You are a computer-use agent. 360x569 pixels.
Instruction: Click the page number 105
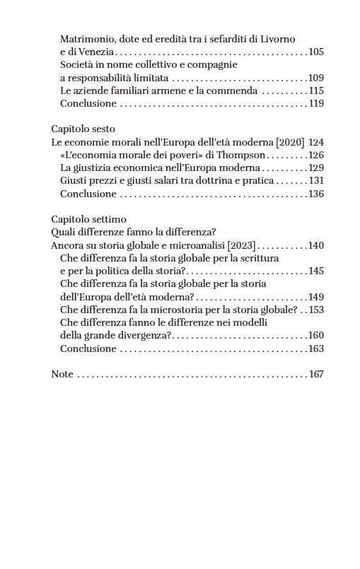click(316, 52)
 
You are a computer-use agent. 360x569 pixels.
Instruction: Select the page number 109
click(316, 78)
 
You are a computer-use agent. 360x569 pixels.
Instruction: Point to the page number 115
click(316, 90)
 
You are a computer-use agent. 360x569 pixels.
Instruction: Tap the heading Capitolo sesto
click(83, 129)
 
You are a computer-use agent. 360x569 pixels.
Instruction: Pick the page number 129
click(316, 168)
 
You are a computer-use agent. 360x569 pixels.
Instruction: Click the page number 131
click(316, 181)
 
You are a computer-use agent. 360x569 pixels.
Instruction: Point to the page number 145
click(316, 271)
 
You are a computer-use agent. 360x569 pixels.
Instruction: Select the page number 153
click(316, 310)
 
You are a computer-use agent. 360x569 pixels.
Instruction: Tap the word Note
click(62, 374)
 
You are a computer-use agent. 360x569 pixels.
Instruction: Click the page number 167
click(316, 374)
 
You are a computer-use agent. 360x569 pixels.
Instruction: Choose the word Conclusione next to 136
click(88, 194)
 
